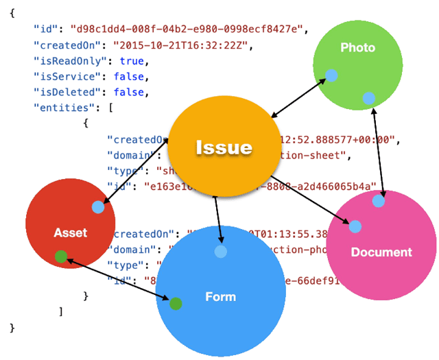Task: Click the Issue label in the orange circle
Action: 224,147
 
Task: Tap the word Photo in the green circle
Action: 357,47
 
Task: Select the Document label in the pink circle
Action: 381,252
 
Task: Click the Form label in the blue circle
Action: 220,296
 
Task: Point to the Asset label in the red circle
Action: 71,232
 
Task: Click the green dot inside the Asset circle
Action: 61,257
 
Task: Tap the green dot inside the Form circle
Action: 176,304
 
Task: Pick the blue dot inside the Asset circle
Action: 97,207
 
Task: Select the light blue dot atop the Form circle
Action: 220,252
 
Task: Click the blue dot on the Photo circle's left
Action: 331,75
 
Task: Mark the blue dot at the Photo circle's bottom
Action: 369,98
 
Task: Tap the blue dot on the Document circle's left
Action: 355,226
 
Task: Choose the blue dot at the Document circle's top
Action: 379,201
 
